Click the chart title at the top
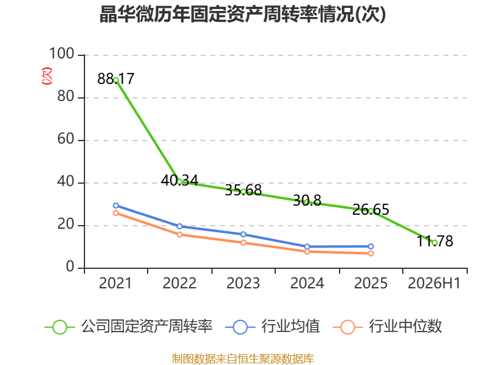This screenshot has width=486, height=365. pyautogui.click(x=242, y=14)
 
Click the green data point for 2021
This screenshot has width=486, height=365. pyautogui.click(x=116, y=80)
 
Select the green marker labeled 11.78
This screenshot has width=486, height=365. pyautogui.click(x=434, y=243)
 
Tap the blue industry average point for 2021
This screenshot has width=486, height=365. pyautogui.click(x=116, y=206)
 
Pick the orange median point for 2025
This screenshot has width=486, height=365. pyautogui.click(x=371, y=254)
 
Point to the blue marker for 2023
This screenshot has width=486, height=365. pyautogui.click(x=244, y=234)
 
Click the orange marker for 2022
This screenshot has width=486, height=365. pyautogui.click(x=179, y=235)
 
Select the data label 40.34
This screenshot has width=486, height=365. pyautogui.click(x=179, y=180)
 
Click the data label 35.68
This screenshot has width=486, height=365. pyautogui.click(x=244, y=190)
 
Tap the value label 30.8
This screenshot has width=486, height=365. pyautogui.click(x=307, y=201)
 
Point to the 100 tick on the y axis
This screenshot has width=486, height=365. pyautogui.click(x=62, y=54)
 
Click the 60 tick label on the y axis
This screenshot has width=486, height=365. pyautogui.click(x=66, y=139)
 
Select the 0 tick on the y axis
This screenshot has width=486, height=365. pyautogui.click(x=70, y=266)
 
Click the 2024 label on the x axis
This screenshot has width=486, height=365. pyautogui.click(x=307, y=283)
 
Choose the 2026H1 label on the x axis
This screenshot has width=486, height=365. pyautogui.click(x=434, y=283)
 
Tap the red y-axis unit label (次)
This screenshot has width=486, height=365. pyautogui.click(x=47, y=76)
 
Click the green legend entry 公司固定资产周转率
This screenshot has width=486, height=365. pyautogui.click(x=129, y=327)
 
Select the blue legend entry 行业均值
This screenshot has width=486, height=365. pyautogui.click(x=272, y=327)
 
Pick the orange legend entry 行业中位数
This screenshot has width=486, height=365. pyautogui.click(x=387, y=327)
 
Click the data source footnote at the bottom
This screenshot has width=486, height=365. pyautogui.click(x=243, y=359)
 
